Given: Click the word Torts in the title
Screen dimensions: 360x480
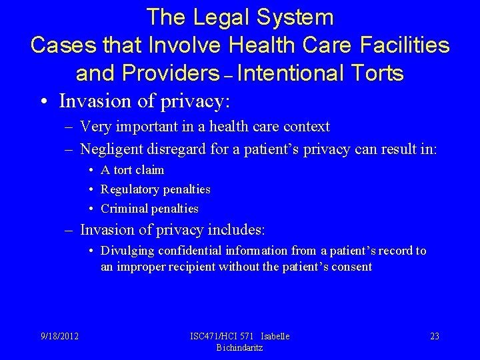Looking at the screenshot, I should (375, 73).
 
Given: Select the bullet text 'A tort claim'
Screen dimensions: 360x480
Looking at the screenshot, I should (132, 170).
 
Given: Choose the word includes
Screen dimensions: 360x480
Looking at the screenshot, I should (236, 230).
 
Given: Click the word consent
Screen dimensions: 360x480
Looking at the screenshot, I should (351, 267).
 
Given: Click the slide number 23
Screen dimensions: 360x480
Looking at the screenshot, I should (435, 336).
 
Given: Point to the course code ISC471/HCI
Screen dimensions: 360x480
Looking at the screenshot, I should (215, 336).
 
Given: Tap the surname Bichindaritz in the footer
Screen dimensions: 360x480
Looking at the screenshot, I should (239, 347).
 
